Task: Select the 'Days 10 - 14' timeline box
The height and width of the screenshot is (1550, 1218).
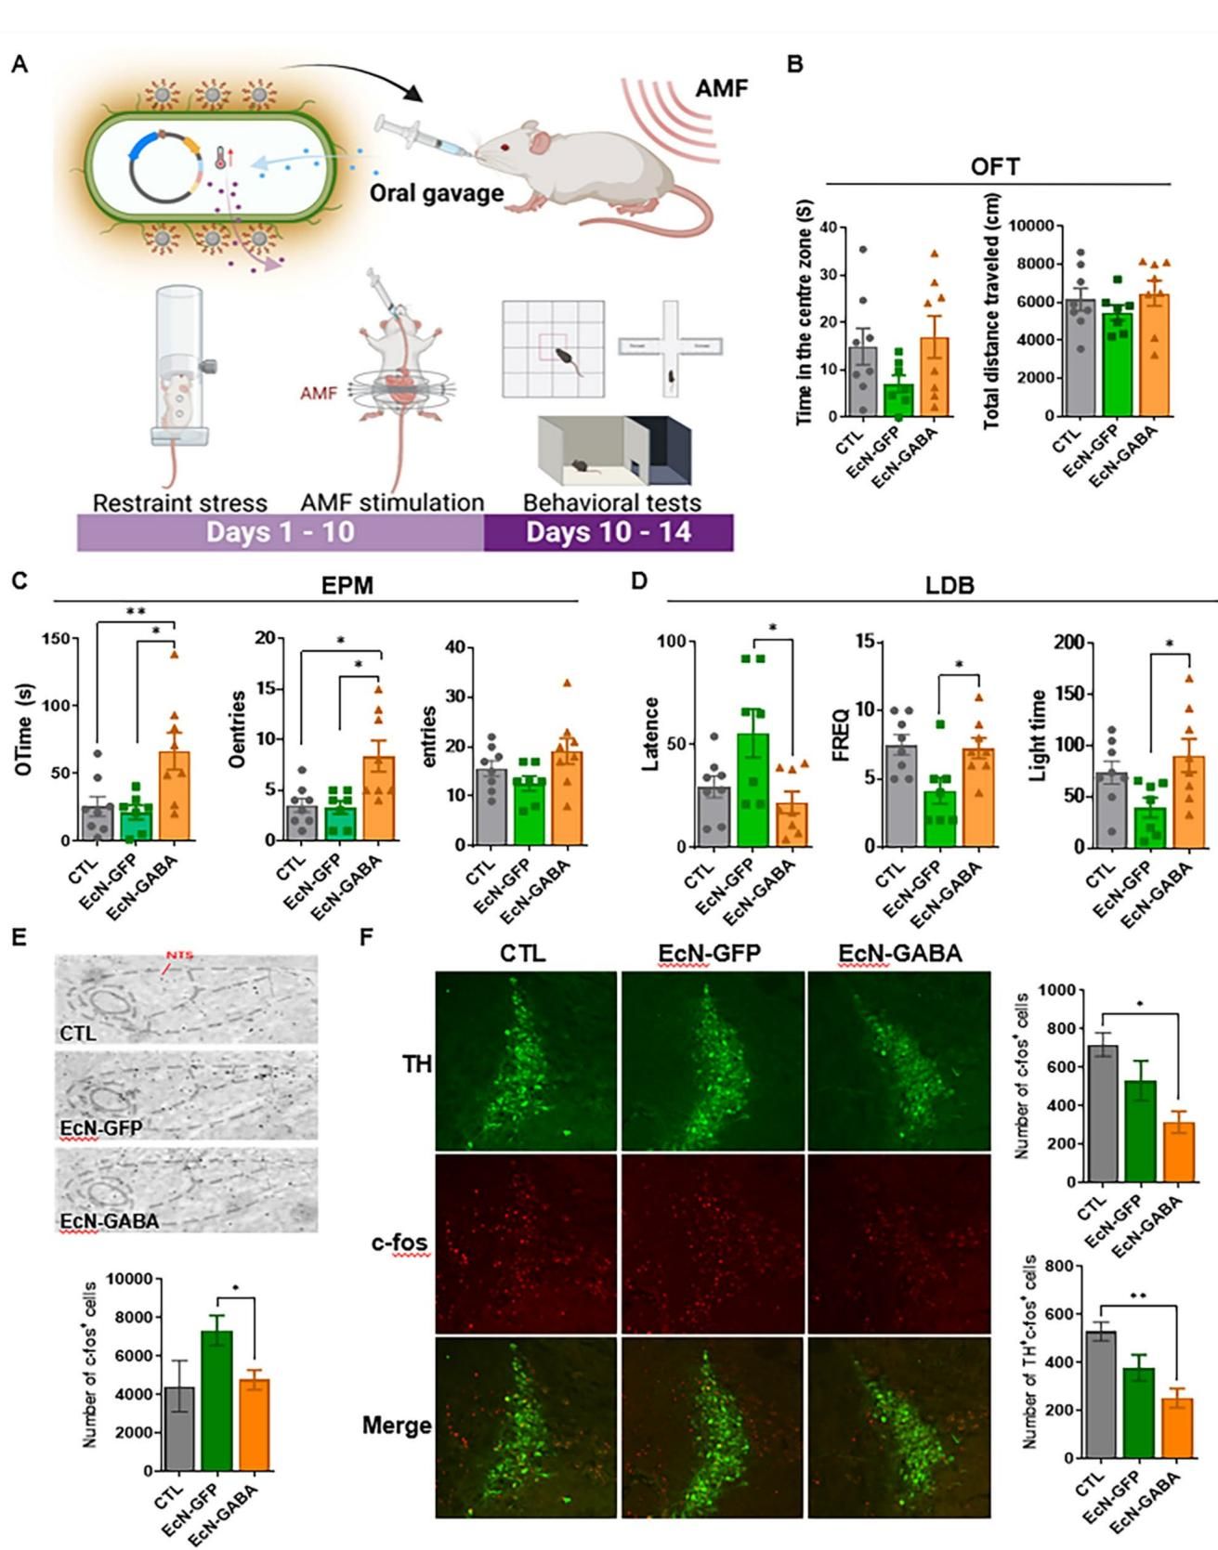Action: [609, 533]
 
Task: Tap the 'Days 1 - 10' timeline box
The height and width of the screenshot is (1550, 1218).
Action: [280, 533]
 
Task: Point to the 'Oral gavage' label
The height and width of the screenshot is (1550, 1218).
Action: [437, 193]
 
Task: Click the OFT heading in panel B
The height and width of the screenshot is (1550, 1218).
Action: [994, 167]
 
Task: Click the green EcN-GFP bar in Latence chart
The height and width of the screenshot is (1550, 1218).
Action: [753, 789]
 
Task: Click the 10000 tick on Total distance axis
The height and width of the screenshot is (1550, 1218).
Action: [1036, 226]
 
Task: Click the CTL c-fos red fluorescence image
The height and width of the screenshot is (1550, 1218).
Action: [526, 1243]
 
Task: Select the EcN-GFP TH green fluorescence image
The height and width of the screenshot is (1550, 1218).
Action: [711, 1061]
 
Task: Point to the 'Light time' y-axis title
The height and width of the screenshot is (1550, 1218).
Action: [1040, 736]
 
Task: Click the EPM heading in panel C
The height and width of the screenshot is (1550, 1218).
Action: [349, 586]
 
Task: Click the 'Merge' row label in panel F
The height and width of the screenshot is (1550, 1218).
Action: [397, 1425]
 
